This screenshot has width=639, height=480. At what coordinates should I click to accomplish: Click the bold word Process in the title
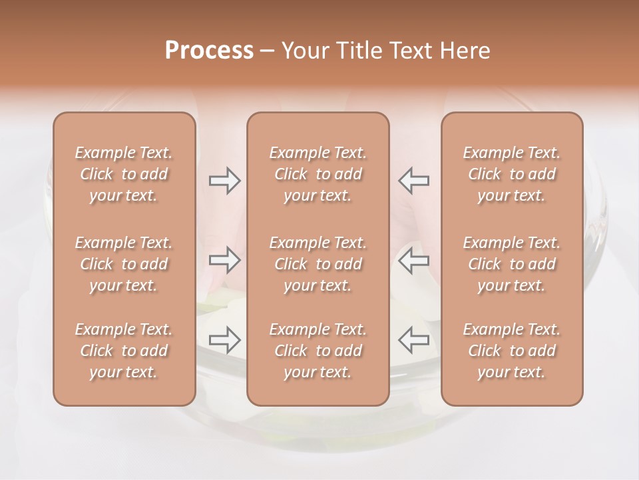coord(209,51)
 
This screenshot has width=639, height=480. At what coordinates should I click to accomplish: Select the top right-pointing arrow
coord(225,180)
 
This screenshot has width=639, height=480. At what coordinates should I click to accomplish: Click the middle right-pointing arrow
coord(225,260)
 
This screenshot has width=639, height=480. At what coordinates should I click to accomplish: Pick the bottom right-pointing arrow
coord(225,340)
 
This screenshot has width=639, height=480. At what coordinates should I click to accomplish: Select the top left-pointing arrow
coord(413,180)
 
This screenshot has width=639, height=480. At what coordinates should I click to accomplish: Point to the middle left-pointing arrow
coord(413,260)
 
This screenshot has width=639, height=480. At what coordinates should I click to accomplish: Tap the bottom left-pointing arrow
coord(413,340)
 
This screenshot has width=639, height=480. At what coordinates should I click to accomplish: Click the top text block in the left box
coord(124,174)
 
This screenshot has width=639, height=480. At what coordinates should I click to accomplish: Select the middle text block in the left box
coord(124,264)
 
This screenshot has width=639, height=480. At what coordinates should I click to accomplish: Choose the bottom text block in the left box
coord(124,351)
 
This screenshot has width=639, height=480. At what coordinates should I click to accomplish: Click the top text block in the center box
coord(318,174)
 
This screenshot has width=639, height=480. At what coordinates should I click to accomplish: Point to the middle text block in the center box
coord(318,264)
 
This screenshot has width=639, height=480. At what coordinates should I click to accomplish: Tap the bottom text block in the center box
coord(318,351)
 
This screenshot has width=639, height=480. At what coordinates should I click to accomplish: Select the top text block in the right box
coord(511,174)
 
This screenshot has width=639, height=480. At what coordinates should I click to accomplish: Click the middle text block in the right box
coord(511,264)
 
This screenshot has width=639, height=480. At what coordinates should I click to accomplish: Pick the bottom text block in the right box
coord(511,351)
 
